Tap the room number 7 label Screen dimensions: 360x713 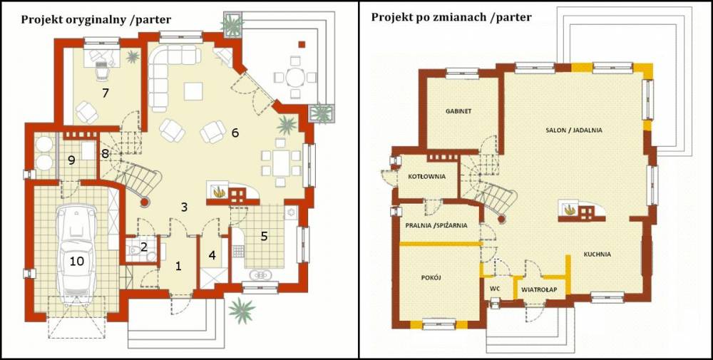pos(105,93)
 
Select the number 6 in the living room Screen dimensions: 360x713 pos(234,133)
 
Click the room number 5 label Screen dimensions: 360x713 pos(264,236)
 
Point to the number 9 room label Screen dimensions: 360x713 pos(71,160)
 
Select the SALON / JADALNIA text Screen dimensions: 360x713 pos(574,130)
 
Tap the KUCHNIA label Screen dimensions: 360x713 pos(595,254)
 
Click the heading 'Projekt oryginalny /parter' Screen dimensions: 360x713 pos(96,20)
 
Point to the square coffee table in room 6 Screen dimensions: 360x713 pos(193,91)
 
